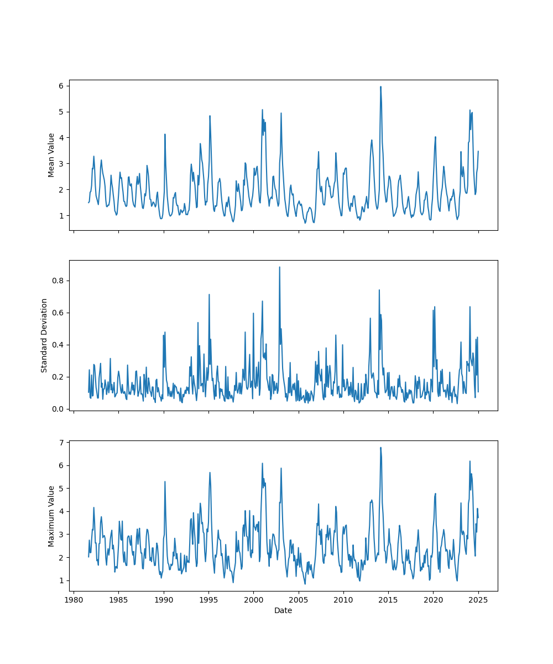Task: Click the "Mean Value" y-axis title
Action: tap(51, 155)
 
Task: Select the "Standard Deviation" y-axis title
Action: tap(44, 335)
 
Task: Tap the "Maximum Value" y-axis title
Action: tap(51, 516)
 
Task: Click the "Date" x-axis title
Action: tap(283, 610)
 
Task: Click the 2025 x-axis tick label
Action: tap(478, 600)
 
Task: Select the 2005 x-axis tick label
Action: tap(299, 600)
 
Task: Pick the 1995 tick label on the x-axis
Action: tap(208, 600)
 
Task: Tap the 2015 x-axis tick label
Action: tap(388, 600)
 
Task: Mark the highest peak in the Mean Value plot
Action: tap(380, 87)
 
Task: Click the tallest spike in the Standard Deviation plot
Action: tap(279, 267)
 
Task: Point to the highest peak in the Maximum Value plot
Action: tap(380, 448)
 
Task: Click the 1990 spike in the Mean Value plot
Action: tap(165, 134)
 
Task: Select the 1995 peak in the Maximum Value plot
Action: tap(210, 473)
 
